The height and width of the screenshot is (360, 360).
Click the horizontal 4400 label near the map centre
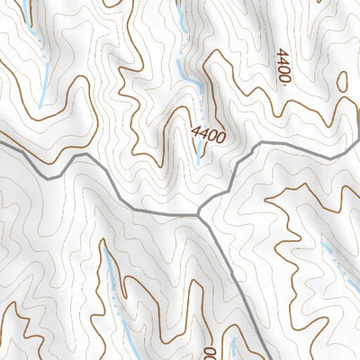point(207,135)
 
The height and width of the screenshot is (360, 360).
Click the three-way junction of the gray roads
point(198,214)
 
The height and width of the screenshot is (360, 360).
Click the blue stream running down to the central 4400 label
point(188,72)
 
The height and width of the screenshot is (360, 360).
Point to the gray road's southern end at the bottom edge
point(267,358)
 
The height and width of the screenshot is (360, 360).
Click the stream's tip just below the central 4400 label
point(200,159)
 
